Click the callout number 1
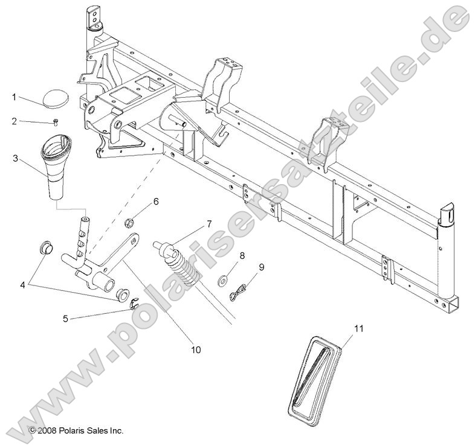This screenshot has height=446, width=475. pos(14,97)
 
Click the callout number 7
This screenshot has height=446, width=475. pos(208,224)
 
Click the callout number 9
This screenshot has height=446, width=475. pos(245,266)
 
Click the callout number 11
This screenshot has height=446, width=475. pos(359,328)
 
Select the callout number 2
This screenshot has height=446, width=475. pos(14,121)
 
